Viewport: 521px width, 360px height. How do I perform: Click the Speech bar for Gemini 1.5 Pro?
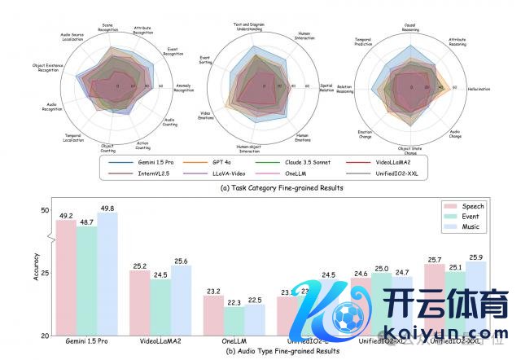[65, 277]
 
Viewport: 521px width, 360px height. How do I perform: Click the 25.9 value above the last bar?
[476, 257]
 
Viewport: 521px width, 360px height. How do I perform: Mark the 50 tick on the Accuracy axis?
[44, 211]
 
